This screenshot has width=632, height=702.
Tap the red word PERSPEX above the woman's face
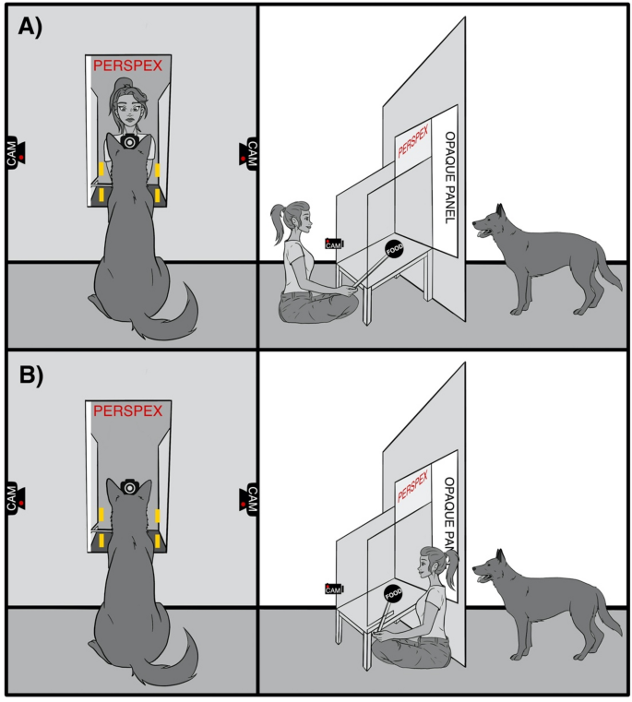pyautogui.click(x=128, y=65)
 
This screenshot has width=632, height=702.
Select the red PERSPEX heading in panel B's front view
pyautogui.click(x=128, y=410)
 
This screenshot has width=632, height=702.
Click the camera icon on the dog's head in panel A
pyautogui.click(x=131, y=142)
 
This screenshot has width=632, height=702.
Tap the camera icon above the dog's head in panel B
pyautogui.click(x=129, y=486)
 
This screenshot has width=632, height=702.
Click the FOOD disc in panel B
pyautogui.click(x=393, y=595)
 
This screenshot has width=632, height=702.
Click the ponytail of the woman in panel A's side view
pyautogui.click(x=279, y=220)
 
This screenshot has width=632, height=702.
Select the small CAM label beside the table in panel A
pyautogui.click(x=334, y=244)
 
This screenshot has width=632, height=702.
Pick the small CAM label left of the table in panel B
pyautogui.click(x=334, y=589)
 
